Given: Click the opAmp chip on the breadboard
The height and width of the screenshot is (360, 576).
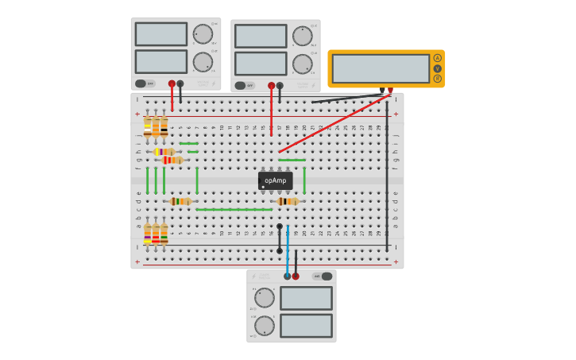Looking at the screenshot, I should [x=275, y=180].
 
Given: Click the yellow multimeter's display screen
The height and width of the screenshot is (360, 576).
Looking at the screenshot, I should [x=381, y=68].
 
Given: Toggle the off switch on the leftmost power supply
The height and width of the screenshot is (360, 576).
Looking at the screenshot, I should [x=145, y=83].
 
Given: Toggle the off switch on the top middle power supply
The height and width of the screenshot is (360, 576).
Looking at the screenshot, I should [x=244, y=85].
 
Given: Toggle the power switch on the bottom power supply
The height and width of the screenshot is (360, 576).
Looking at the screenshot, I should [x=323, y=277].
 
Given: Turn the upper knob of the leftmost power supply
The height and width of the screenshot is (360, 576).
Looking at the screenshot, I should [x=203, y=34].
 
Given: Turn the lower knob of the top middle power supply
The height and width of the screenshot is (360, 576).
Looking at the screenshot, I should [x=302, y=64].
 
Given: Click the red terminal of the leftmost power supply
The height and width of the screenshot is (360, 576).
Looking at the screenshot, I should [x=172, y=83].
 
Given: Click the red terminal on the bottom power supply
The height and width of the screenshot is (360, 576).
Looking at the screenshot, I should [x=296, y=277].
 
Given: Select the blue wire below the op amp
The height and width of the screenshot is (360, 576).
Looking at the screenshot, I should [x=288, y=250].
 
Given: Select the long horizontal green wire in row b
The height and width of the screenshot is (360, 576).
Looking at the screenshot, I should [x=234, y=210].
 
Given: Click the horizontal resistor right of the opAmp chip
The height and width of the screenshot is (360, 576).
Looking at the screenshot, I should [x=287, y=201].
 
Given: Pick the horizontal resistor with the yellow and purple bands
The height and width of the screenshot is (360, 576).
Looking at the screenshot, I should [x=164, y=152].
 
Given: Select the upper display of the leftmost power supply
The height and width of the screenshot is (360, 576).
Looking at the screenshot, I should [x=161, y=34].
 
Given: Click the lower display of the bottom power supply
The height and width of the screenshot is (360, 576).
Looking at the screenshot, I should [x=306, y=326].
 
